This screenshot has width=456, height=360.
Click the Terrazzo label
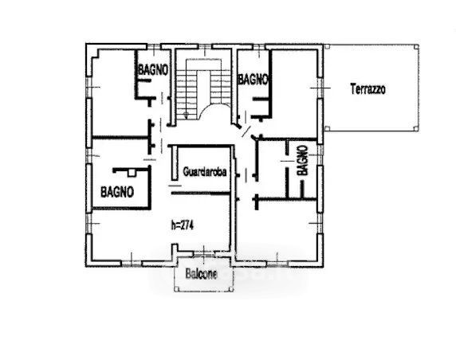[x=368, y=89]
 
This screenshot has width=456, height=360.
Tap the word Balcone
[x=201, y=274]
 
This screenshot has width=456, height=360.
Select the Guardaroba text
[x=205, y=171]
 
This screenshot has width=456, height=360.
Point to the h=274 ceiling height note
[x=183, y=225]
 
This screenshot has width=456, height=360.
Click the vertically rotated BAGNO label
[x=302, y=160]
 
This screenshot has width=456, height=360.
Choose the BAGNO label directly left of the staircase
[x=153, y=70]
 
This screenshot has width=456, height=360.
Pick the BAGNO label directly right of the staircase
[x=253, y=80]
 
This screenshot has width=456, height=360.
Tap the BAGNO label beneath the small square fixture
[x=117, y=192]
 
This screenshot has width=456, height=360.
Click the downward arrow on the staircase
[x=186, y=115]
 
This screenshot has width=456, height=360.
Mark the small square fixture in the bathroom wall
[x=132, y=173]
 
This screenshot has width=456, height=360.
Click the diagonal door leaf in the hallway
[x=246, y=131]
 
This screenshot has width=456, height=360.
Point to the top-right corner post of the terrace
[x=416, y=46]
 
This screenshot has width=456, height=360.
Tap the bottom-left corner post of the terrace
[x=327, y=128]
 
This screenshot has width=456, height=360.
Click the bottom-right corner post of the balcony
[x=231, y=289]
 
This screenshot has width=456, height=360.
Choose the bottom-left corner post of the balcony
[x=176, y=289]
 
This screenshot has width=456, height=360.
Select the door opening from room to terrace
[x=320, y=88]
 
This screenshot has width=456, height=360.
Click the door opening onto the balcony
[x=203, y=255]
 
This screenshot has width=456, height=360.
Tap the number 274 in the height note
[x=187, y=225]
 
